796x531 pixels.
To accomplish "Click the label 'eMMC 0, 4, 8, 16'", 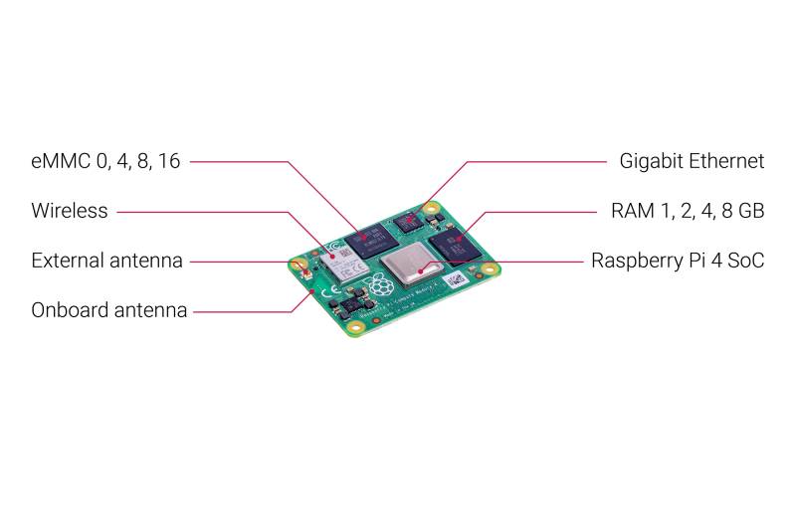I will (x=105, y=161).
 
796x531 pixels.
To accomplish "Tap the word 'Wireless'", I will (x=70, y=211).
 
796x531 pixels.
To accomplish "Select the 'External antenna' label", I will (x=106, y=261).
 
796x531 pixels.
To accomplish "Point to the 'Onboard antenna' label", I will (x=108, y=310).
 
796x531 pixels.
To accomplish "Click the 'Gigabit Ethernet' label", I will (x=692, y=161).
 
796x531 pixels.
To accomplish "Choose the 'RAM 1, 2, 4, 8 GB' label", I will (x=687, y=211).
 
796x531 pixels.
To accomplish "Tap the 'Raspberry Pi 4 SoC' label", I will (x=678, y=261).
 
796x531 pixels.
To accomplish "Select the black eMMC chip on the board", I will (x=373, y=238).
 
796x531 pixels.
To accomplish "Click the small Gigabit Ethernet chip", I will (x=408, y=222).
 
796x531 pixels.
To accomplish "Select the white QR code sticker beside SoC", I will (x=455, y=279).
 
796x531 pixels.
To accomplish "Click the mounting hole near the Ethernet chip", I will (x=431, y=210).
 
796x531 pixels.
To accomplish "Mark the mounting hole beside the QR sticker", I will (x=490, y=268).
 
